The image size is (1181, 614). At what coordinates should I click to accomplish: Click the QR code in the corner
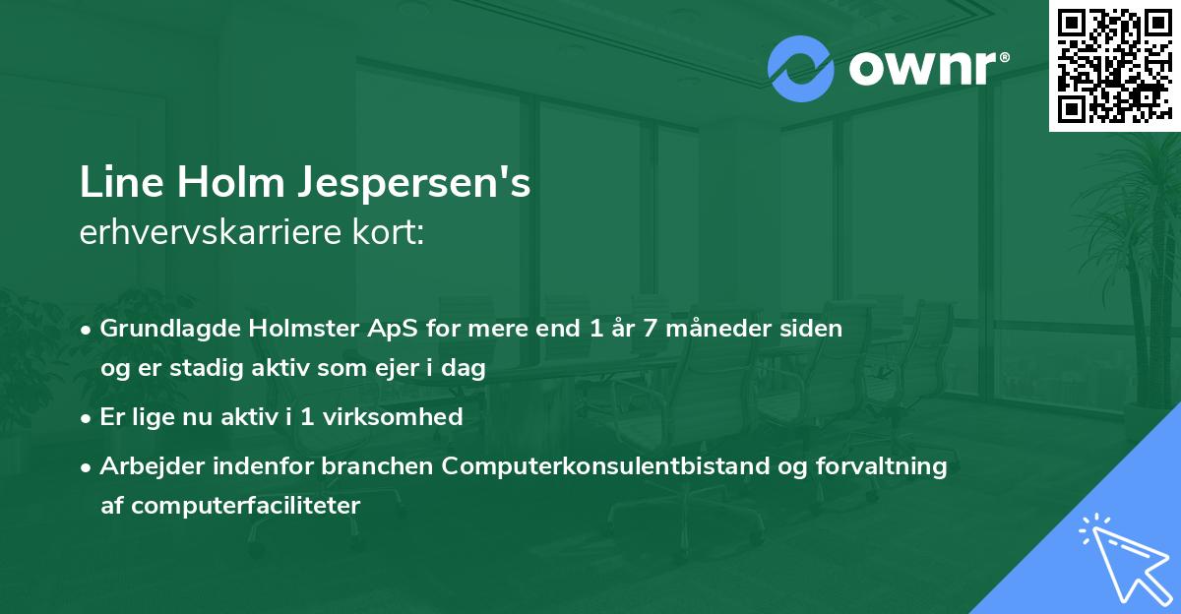coord(1115,65)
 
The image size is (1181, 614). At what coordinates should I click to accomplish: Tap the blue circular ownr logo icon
coord(800,69)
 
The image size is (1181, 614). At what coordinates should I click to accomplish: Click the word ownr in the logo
coord(920,70)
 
